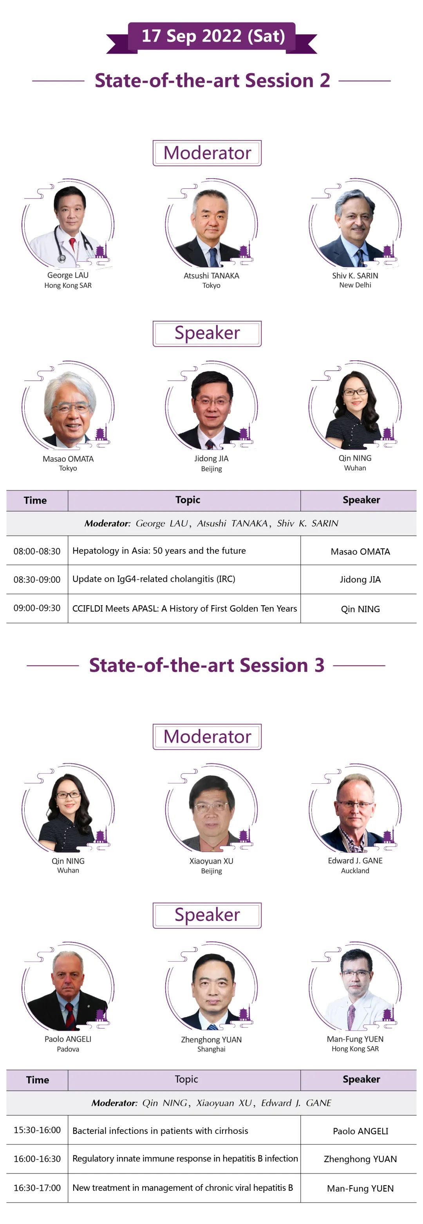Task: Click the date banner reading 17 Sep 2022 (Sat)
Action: (x=211, y=36)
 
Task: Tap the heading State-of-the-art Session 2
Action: (x=212, y=80)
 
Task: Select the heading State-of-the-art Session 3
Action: (x=207, y=665)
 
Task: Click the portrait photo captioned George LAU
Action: (x=68, y=223)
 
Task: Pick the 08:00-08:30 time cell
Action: (x=37, y=551)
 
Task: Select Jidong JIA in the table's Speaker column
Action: (x=360, y=580)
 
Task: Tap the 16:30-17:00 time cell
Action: (x=37, y=1188)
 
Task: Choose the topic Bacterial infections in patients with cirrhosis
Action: (x=160, y=1131)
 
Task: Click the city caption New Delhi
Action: (x=355, y=285)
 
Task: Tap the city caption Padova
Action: (x=68, y=1049)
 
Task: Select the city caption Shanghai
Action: (x=211, y=1049)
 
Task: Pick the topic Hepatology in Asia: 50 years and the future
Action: (x=159, y=551)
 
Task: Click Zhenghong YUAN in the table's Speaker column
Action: (x=360, y=1159)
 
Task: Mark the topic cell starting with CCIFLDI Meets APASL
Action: (x=184, y=609)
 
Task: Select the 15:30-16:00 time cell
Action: (x=37, y=1130)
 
